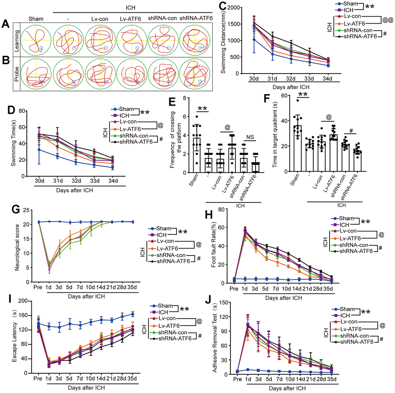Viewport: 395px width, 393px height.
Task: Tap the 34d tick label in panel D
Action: (112, 180)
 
